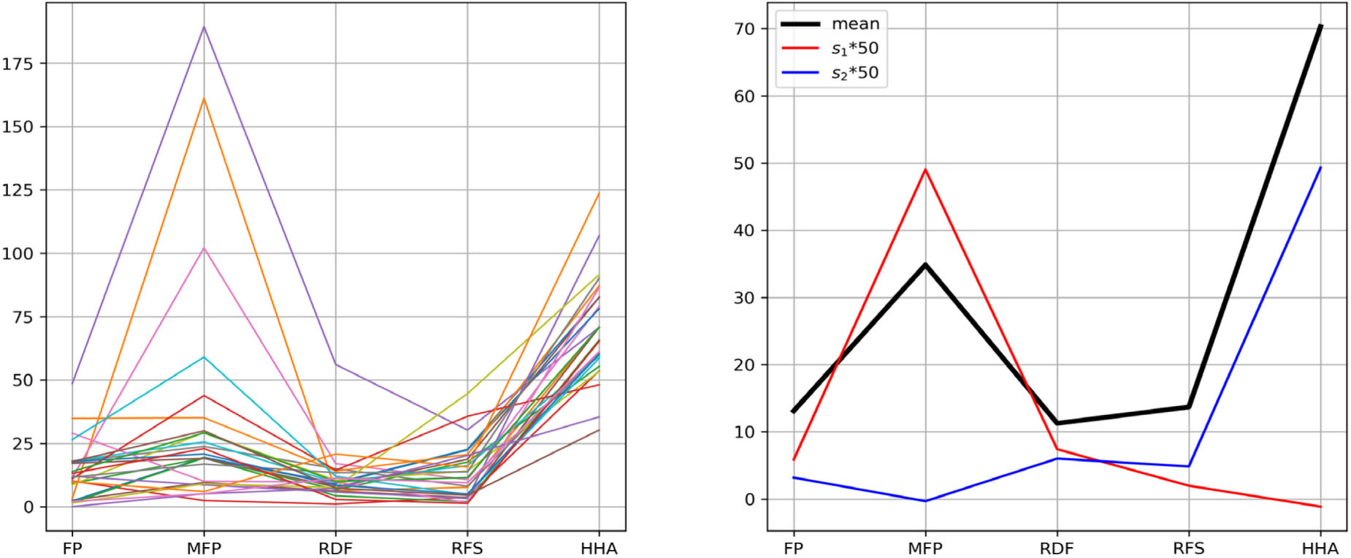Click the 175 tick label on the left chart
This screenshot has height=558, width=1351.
click(x=18, y=64)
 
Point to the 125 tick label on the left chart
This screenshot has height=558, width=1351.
click(x=18, y=190)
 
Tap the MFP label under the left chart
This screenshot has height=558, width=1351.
click(x=204, y=548)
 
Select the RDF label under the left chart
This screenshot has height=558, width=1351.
click(x=335, y=548)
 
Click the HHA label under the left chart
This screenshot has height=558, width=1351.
click(x=599, y=548)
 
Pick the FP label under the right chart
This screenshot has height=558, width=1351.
click(x=793, y=548)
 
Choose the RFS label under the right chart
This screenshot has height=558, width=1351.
click(x=1188, y=548)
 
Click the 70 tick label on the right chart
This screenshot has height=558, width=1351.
click(x=746, y=28)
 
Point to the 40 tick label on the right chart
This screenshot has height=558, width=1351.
click(x=746, y=230)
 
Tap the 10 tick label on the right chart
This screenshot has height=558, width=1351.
click(x=746, y=432)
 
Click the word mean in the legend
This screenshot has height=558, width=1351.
click(x=855, y=23)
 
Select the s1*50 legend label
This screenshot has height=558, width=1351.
click(x=855, y=49)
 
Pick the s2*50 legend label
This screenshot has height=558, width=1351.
click(x=855, y=73)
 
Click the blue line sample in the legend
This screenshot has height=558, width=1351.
click(x=800, y=73)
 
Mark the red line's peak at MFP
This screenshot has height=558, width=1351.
click(x=925, y=169)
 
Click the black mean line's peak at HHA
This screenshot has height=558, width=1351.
click(x=1320, y=26)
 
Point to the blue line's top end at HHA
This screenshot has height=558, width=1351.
click(x=1320, y=167)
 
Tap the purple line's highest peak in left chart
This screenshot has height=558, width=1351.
click(x=204, y=26)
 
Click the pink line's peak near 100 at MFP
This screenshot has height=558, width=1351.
click(x=204, y=248)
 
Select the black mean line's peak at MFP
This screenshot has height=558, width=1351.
click(x=925, y=264)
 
